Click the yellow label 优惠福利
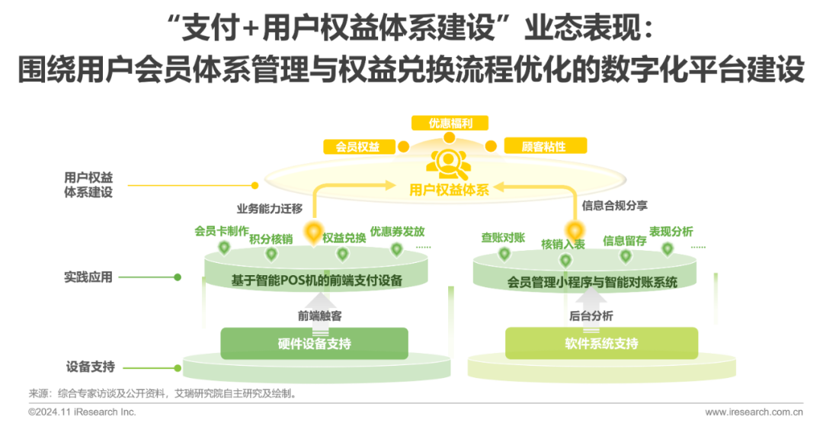pyautogui.click(x=450, y=123)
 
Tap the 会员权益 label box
pyautogui.click(x=357, y=146)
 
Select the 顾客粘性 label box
pyautogui.click(x=544, y=146)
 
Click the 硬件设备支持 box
pyautogui.click(x=314, y=343)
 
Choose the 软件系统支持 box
pyautogui.click(x=601, y=343)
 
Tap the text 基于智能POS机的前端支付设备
pyautogui.click(x=316, y=281)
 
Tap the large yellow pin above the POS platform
pyautogui.click(x=312, y=231)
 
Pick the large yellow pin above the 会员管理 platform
pyautogui.click(x=575, y=229)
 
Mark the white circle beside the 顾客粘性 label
pyautogui.click(x=492, y=146)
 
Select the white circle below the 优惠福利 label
pyautogui.click(x=450, y=137)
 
